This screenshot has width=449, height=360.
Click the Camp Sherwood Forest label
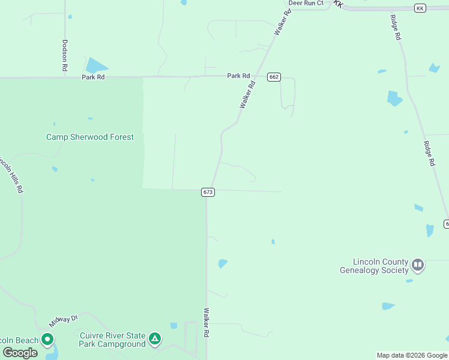pyautogui.click(x=90, y=137)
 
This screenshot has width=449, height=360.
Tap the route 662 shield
pyautogui.click(x=274, y=77)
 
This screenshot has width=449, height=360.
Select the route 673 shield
pyautogui.click(x=208, y=192)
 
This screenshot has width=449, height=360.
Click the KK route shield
pyautogui.click(x=420, y=7)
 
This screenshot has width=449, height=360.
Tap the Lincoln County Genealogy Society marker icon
pyautogui.click(x=418, y=265)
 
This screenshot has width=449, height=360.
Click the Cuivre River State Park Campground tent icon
pyautogui.click(x=155, y=340)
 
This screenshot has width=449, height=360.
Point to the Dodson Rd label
pyautogui.click(x=65, y=55)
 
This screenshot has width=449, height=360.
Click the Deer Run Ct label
pyautogui.click(x=306, y=3)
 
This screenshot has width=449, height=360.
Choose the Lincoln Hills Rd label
pyautogui.click(x=13, y=174)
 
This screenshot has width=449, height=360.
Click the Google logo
pyautogui.click(x=20, y=353)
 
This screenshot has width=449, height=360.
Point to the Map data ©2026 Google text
pyautogui.click(x=412, y=355)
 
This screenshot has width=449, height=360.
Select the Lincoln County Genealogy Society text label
pyautogui.click(x=374, y=266)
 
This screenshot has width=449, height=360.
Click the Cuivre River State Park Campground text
pyautogui.click(x=112, y=340)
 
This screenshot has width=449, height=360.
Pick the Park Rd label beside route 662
pyautogui.click(x=238, y=76)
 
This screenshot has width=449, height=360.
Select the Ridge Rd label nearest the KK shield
pyautogui.click(x=396, y=28)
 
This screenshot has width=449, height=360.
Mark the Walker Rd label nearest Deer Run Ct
pyautogui.click(x=283, y=21)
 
